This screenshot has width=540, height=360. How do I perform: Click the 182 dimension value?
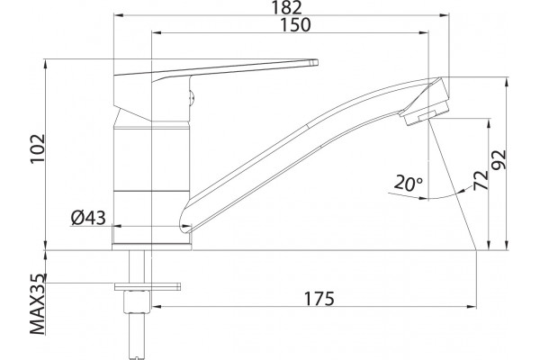click(287, 7)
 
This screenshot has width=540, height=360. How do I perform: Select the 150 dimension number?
click(295, 24)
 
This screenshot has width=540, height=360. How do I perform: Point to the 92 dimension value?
click(499, 159)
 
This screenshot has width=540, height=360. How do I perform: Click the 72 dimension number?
click(481, 180)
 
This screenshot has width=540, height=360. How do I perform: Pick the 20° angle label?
click(408, 183)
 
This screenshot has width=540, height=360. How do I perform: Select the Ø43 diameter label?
click(88, 218)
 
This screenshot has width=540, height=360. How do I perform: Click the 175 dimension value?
click(319, 298)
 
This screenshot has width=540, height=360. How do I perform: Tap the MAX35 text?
click(38, 304)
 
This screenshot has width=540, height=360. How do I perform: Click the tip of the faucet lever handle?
click(315, 63)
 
